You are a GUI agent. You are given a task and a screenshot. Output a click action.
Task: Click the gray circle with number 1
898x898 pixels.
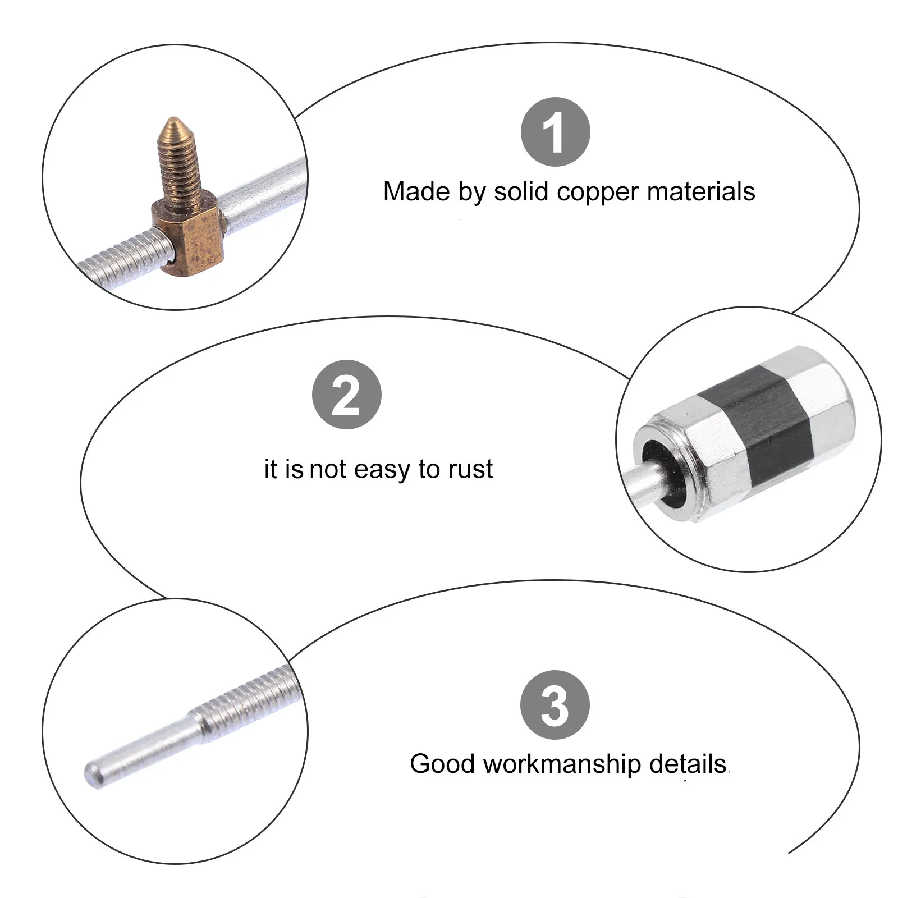[555, 132]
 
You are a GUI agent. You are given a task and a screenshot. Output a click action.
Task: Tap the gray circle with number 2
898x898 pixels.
[346, 395]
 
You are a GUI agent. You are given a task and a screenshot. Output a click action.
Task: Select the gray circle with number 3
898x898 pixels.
[555, 705]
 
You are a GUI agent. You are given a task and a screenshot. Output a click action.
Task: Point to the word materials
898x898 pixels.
[701, 192]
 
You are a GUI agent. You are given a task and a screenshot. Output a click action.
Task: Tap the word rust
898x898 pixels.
[470, 469]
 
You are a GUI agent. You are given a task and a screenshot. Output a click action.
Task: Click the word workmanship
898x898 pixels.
[561, 764]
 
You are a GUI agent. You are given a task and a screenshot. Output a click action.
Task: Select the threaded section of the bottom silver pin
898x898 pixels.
[247, 699]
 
